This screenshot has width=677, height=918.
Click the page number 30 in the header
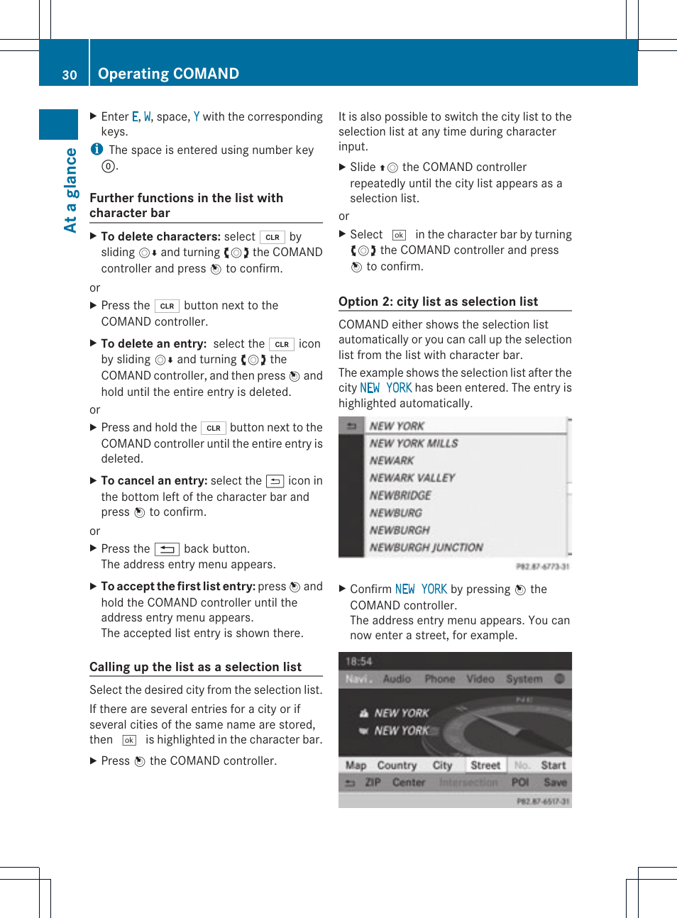70,74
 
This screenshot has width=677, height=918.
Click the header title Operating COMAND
168,74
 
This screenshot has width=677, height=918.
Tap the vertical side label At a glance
70,190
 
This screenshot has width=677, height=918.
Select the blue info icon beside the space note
97,149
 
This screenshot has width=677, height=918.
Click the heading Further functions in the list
186,205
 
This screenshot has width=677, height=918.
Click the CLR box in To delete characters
273,237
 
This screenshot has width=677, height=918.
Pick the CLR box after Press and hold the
213,428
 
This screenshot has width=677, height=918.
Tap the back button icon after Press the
167,549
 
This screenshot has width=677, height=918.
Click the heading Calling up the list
195,667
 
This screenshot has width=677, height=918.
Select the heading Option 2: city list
438,302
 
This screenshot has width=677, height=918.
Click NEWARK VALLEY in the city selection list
412,478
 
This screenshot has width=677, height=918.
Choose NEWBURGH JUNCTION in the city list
426,548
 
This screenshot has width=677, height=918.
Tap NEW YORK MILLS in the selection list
414,443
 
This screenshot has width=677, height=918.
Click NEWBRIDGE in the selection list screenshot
400,495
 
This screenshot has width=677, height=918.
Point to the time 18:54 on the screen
358,661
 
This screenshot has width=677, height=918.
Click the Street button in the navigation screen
485,765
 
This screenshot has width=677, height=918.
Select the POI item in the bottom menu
520,782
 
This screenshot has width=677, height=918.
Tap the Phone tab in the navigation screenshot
439,679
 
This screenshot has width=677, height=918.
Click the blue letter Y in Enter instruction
197,116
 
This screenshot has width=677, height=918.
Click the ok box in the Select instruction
399,235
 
